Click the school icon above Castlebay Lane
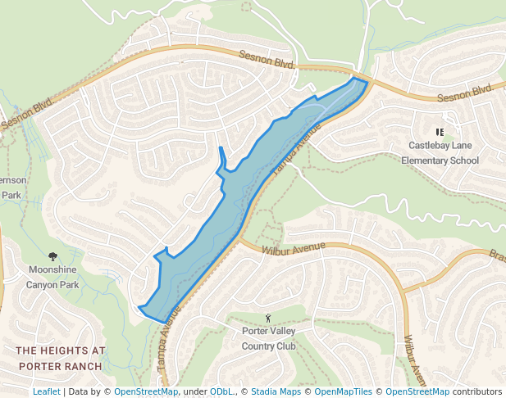pos(440,132)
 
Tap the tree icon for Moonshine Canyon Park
pos(53,256)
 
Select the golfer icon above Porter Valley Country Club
pos(268,318)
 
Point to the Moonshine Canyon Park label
pos(53,277)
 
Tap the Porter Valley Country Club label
pos(268,339)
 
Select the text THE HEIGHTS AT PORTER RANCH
pos(60,358)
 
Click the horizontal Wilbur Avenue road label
pos(294,247)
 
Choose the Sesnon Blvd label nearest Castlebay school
pos(465,93)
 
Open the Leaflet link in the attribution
pos(46,391)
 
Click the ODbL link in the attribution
pos(221,391)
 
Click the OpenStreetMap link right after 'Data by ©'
pos(145,391)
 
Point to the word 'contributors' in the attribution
pos(477,391)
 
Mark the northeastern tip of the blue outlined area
pos(366,80)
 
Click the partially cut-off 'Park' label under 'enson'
pos(11,195)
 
